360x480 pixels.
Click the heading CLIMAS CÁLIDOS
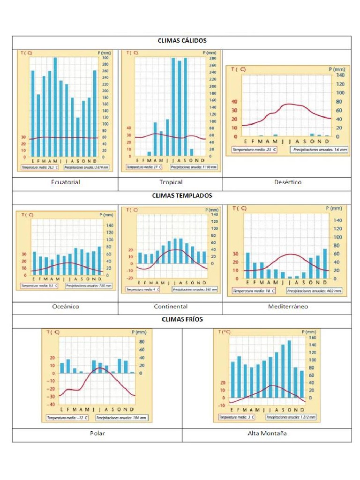pos(182,41)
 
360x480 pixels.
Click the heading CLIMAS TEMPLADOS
pos(182,195)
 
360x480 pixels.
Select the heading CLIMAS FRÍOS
pos(182,319)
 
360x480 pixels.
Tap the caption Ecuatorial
pos(66,182)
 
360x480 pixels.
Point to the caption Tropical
pos(171,182)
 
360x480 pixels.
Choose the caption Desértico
pos(288,182)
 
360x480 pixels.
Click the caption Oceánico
pos(66,307)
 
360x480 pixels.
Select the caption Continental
pos(171,307)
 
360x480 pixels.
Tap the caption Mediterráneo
pos(288,307)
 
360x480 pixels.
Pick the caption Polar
pos(97,433)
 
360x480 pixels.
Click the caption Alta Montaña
pos(267,433)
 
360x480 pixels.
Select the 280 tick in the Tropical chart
pos(212,59)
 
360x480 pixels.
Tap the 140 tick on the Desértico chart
pos(339,75)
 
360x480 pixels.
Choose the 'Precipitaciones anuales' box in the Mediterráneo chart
pos(317,291)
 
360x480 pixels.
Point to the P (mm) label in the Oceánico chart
pos(106,215)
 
